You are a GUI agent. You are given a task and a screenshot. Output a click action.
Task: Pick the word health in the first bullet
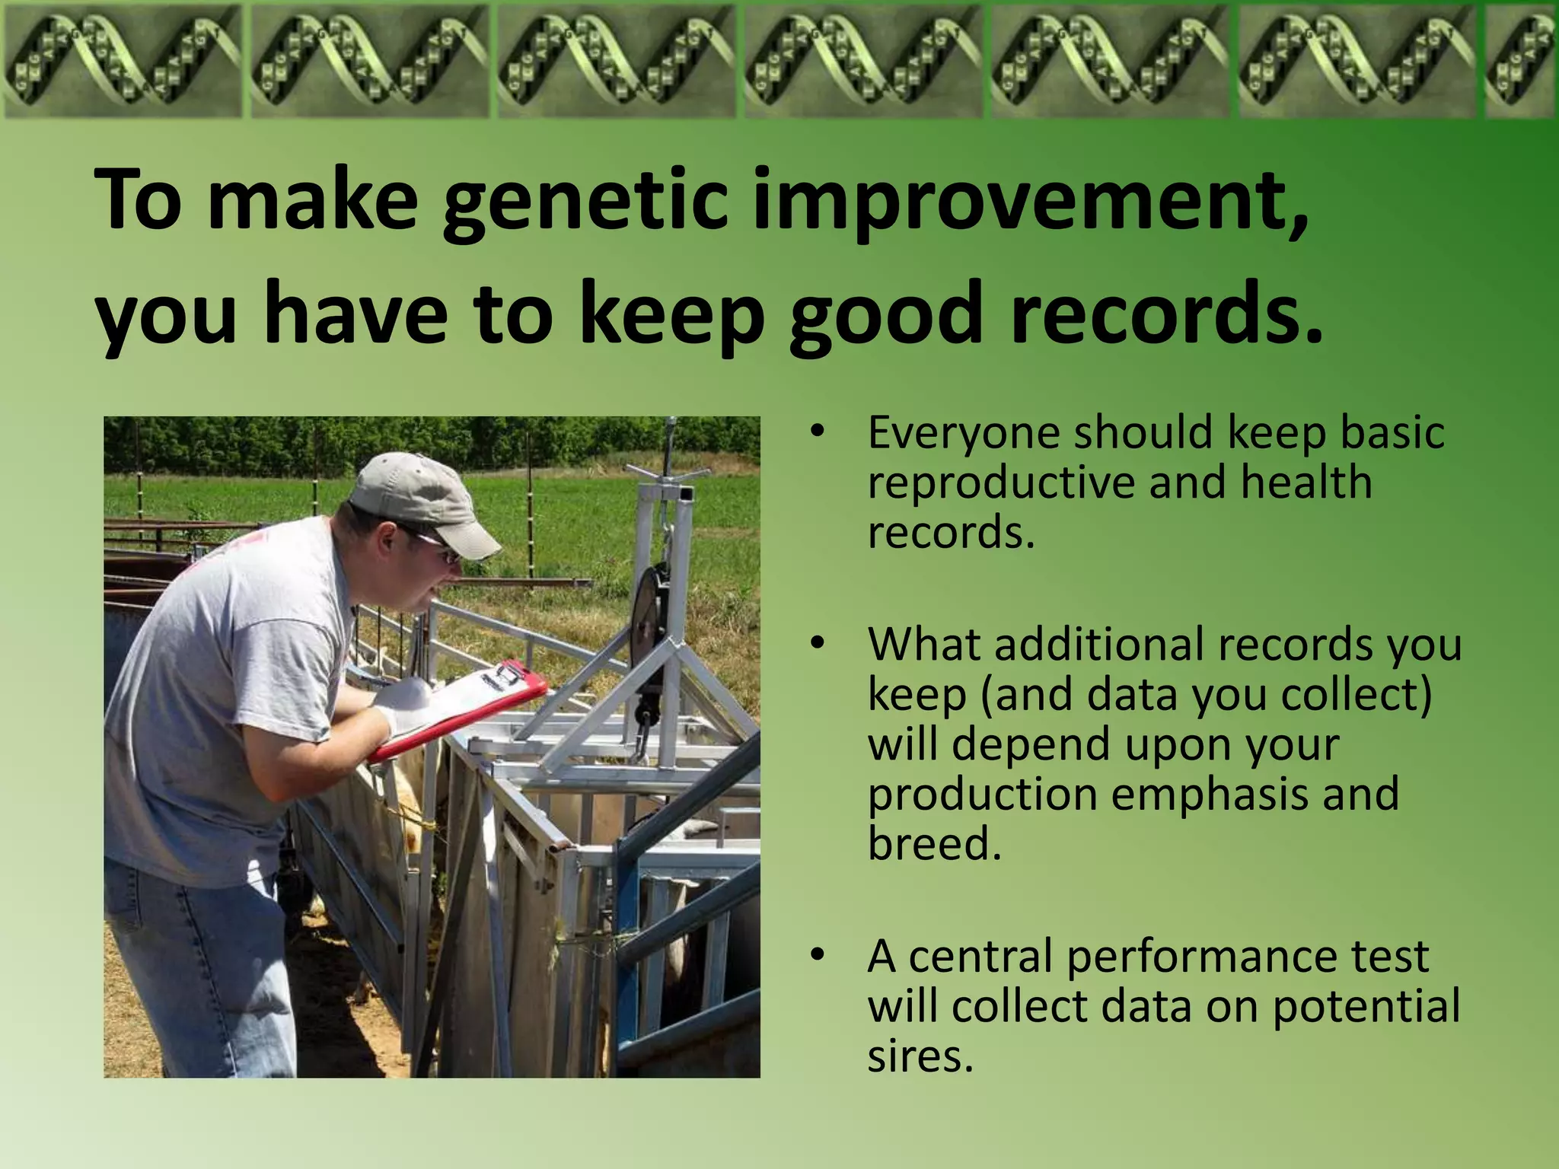1305,483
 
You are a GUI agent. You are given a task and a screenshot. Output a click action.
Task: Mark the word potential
1366,1006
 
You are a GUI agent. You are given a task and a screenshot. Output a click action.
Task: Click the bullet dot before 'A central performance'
817,955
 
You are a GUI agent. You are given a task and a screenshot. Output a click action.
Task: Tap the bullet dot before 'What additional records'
817,643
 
